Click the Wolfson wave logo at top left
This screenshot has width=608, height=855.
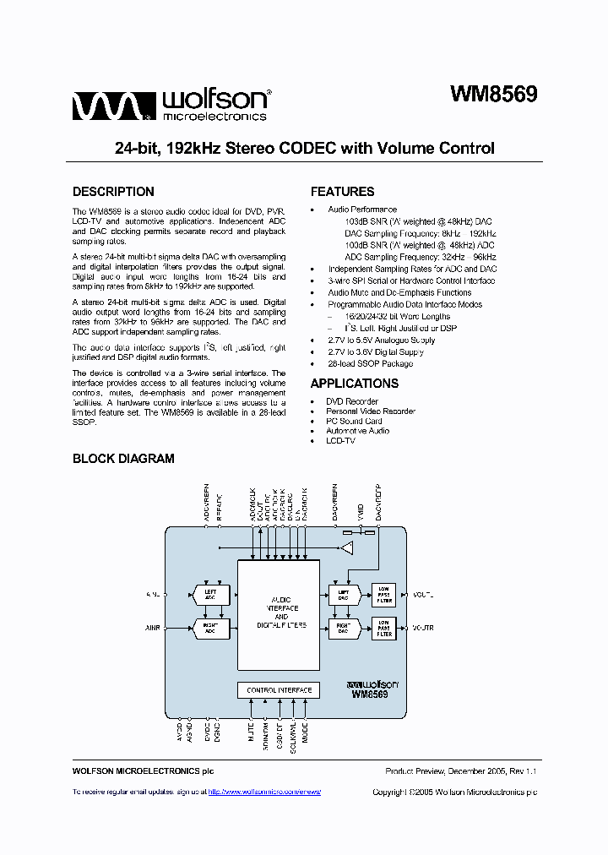pyautogui.click(x=111, y=106)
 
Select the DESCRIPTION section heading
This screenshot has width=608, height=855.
pyautogui.click(x=113, y=192)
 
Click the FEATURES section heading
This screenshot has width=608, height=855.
pyautogui.click(x=342, y=192)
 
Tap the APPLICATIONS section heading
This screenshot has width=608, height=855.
pyautogui.click(x=354, y=384)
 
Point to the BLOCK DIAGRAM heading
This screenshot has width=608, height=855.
pyautogui.click(x=123, y=459)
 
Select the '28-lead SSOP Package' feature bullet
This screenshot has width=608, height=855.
pyautogui.click(x=370, y=363)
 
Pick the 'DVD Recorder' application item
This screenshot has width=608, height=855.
pyautogui.click(x=351, y=401)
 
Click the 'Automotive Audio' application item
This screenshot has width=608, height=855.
pyautogui.click(x=357, y=431)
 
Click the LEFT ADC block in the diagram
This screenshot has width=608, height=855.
pyautogui.click(x=210, y=595)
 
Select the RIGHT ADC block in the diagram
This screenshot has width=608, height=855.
pyautogui.click(x=210, y=628)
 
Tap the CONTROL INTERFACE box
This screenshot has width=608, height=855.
pyautogui.click(x=279, y=690)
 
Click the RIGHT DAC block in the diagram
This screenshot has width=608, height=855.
pyautogui.click(x=344, y=628)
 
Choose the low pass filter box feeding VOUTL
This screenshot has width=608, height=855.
pyautogui.click(x=384, y=595)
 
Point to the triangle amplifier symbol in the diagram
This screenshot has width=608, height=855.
pyautogui.click(x=347, y=549)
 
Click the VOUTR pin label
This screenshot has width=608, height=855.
pyautogui.click(x=423, y=628)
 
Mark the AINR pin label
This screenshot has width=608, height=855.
pyautogui.click(x=153, y=628)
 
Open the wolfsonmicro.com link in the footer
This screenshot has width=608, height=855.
pyautogui.click(x=264, y=792)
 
